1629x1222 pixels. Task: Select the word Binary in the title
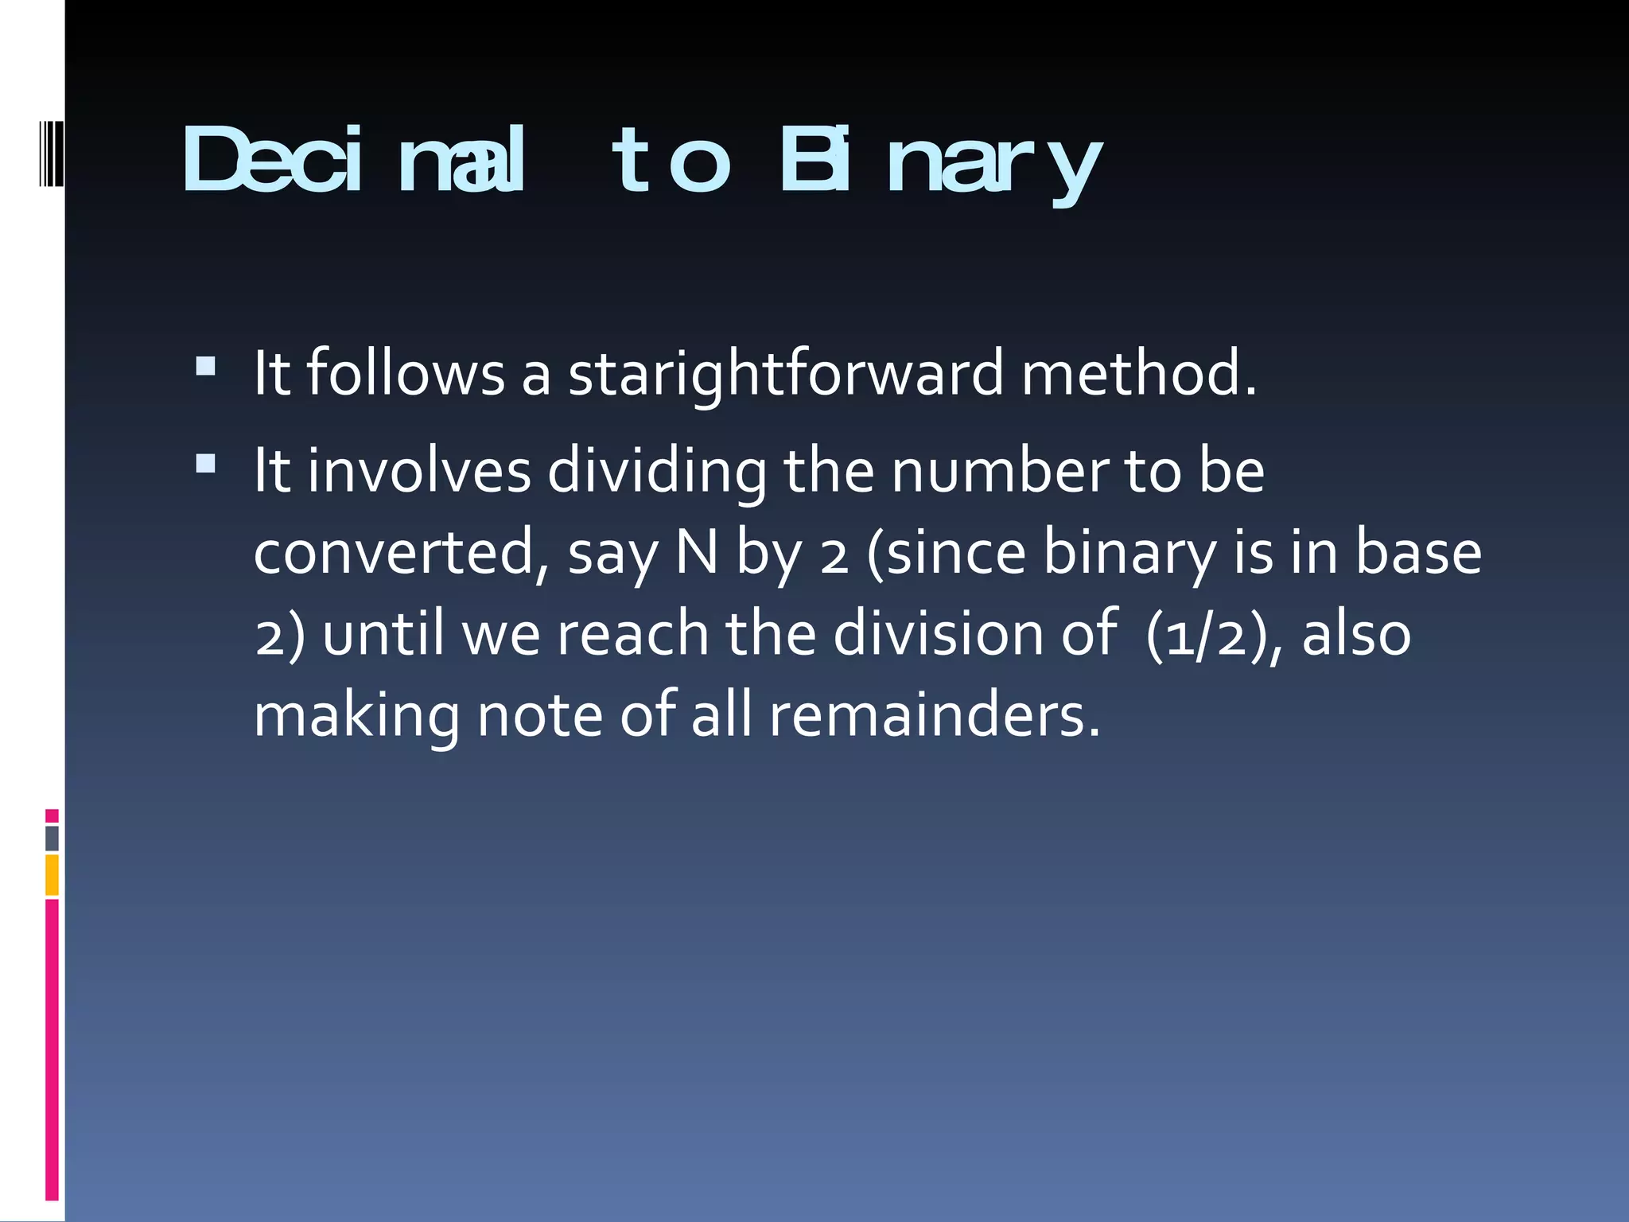coord(941,162)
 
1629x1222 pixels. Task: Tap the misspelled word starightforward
coord(786,373)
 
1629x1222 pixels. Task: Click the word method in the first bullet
coord(1139,373)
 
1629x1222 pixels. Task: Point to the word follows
coord(406,373)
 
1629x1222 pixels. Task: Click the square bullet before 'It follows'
coord(205,366)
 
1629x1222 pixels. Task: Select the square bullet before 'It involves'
coord(205,464)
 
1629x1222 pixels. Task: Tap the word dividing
coord(657,472)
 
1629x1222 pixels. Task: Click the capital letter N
coord(697,552)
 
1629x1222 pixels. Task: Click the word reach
coord(632,634)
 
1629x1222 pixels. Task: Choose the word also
coord(1356,634)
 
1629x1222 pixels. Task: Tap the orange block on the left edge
coord(52,875)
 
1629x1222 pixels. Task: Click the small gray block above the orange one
coord(52,839)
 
